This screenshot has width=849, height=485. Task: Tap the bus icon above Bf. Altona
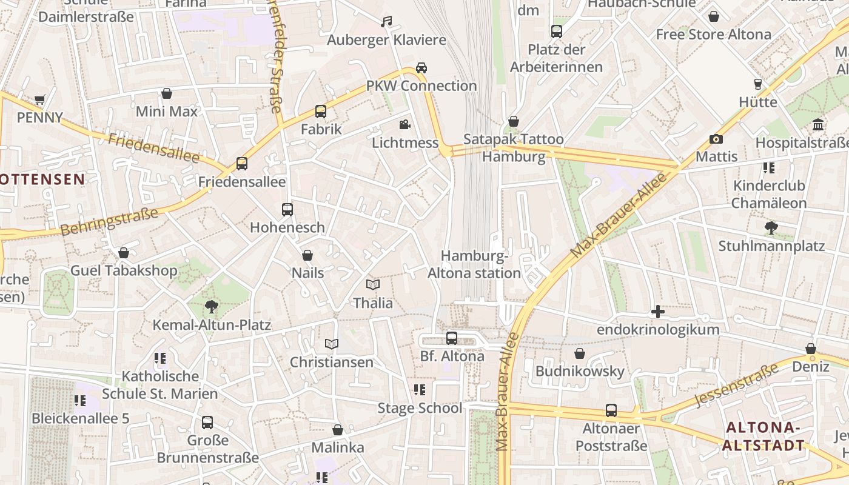pyautogui.click(x=452, y=338)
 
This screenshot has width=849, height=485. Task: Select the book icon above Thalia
pyautogui.click(x=373, y=284)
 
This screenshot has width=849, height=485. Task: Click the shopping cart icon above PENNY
pyautogui.click(x=40, y=99)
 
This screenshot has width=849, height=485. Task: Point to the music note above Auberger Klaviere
pyautogui.click(x=386, y=22)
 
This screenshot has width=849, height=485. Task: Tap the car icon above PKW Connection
pyautogui.click(x=421, y=67)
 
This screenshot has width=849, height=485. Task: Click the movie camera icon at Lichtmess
pyautogui.click(x=404, y=125)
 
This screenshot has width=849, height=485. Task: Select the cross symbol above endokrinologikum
pyautogui.click(x=658, y=312)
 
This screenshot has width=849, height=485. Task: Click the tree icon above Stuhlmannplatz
pyautogui.click(x=771, y=228)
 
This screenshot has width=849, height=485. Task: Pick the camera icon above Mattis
pyautogui.click(x=716, y=139)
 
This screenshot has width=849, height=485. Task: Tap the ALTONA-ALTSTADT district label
pyautogui.click(x=764, y=436)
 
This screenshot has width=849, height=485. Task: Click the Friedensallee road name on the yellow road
pyautogui.click(x=153, y=148)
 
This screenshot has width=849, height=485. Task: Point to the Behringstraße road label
pyautogui.click(x=109, y=222)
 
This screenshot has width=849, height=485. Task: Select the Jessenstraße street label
pyautogui.click(x=736, y=385)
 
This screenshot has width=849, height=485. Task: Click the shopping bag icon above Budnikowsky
pyautogui.click(x=580, y=353)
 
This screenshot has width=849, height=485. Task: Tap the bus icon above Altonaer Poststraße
pyautogui.click(x=611, y=410)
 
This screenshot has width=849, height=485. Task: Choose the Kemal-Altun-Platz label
pyautogui.click(x=212, y=325)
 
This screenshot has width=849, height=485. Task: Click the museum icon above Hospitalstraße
pyautogui.click(x=818, y=125)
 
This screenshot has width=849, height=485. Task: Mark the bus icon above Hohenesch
pyautogui.click(x=287, y=210)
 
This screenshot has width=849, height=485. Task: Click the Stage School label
pyautogui.click(x=420, y=408)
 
